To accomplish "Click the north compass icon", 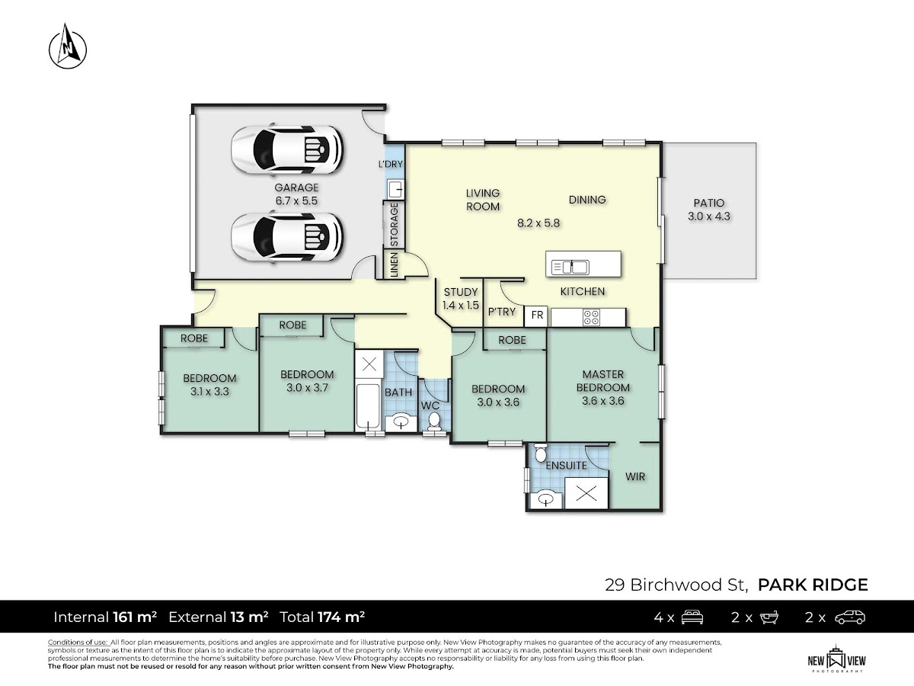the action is tap(68, 46).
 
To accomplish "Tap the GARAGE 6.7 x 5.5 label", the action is tap(296, 194).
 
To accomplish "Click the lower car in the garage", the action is tap(287, 237).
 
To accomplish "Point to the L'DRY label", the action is tap(390, 164).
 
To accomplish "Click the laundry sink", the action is tap(395, 190).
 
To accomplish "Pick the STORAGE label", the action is tap(394, 225).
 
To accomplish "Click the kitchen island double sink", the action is tap(570, 267).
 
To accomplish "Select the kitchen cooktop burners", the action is tap(591, 317).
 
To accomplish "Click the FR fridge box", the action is tap(536, 316).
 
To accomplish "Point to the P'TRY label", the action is tap(501, 312).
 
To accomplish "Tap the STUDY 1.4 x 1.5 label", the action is tap(461, 299).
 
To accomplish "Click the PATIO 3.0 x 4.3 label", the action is tap(708, 210).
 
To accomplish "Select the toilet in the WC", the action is tap(434, 421).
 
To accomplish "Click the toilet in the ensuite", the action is tap(541, 453).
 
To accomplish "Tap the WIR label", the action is tap(635, 476).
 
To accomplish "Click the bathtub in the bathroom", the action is tap(368, 407).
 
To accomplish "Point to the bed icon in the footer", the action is tap(692, 617).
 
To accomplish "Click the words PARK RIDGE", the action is tap(813, 585).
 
